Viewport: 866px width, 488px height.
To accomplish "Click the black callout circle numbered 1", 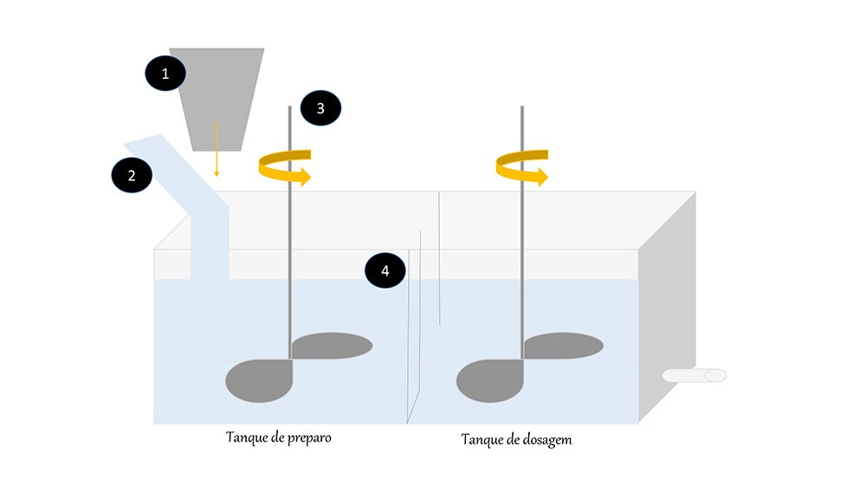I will pyautogui.click(x=164, y=75).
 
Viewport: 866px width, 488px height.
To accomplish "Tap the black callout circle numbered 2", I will pyautogui.click(x=132, y=175).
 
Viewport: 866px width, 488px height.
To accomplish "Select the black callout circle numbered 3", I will pyautogui.click(x=320, y=108).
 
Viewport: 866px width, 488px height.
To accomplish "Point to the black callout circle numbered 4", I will pyautogui.click(x=385, y=270).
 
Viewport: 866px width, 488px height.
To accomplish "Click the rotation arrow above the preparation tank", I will pyautogui.click(x=284, y=167).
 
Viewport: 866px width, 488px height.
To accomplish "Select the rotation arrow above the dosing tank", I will pyautogui.click(x=521, y=167).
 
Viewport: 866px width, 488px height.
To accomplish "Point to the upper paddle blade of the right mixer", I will pyautogui.click(x=563, y=346).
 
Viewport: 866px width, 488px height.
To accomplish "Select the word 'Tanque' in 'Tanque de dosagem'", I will pyautogui.click(x=481, y=439).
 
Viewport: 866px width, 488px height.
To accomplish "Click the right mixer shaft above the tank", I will pyautogui.click(x=521, y=139).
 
